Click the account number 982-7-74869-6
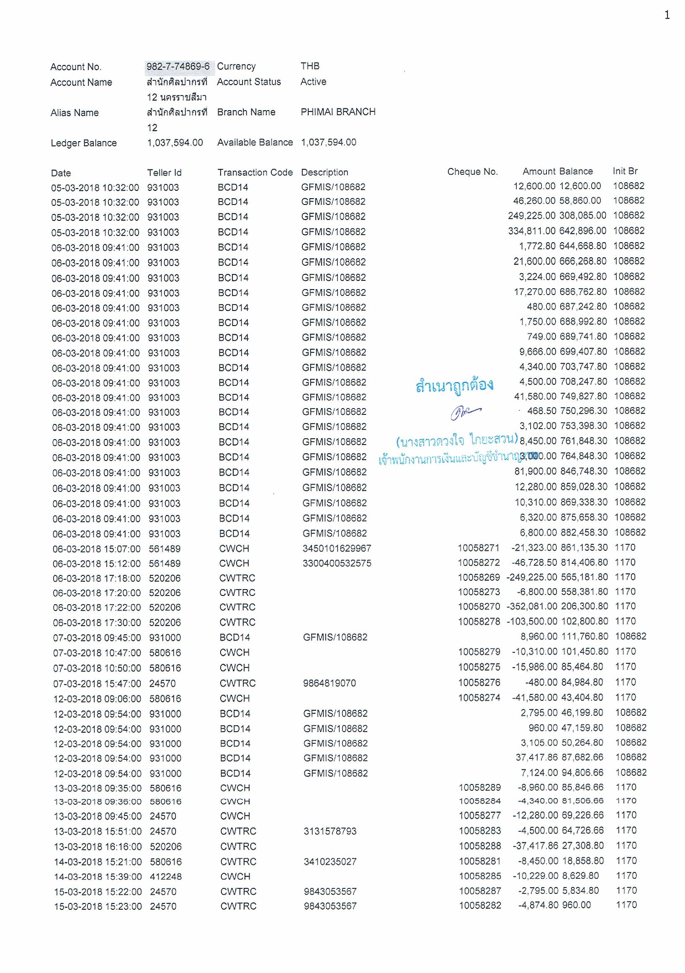coord(178,67)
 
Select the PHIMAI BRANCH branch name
coord(338,112)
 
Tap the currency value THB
coord(310,66)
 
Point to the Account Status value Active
coord(313,82)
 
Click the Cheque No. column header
coord(472,172)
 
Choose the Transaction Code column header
coord(255,173)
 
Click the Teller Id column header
coord(164,173)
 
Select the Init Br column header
coord(625,171)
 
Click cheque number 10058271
coord(479,548)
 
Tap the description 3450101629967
coord(337,549)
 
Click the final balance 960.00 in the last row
coord(576,905)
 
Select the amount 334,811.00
coord(531,231)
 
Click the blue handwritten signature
coord(465,411)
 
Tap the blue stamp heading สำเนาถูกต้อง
coord(454,385)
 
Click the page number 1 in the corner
coord(667,15)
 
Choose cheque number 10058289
coord(480,787)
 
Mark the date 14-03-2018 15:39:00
coord(98,876)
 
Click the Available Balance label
coord(255,142)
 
